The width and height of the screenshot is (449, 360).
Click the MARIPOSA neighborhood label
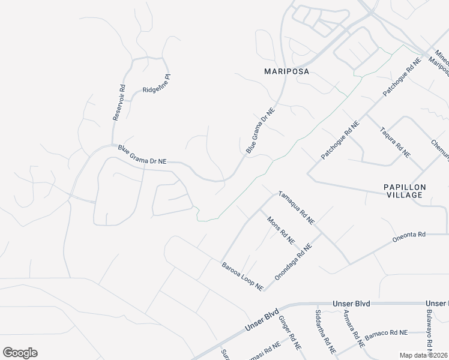[287, 71]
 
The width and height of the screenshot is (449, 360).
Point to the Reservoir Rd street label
[119, 103]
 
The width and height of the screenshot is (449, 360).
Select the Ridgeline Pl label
[157, 85]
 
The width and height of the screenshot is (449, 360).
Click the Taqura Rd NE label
[394, 142]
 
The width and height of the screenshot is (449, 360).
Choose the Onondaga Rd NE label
[294, 262]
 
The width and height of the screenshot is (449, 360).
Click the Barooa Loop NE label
[243, 276]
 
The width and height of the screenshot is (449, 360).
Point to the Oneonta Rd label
[408, 235]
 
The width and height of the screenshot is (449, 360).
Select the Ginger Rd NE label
[289, 335]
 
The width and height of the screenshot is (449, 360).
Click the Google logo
[20, 353]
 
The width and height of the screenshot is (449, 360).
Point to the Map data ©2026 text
[424, 355]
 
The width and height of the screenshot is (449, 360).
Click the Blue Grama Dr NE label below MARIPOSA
[260, 131]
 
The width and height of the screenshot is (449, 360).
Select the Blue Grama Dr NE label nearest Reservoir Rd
[142, 155]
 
